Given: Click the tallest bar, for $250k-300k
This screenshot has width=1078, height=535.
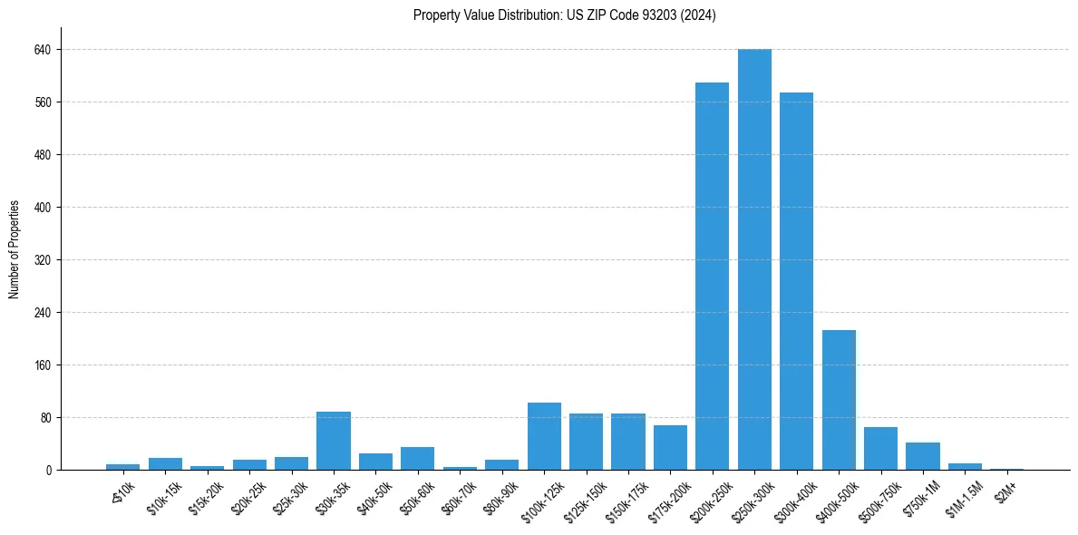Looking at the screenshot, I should coord(754,259).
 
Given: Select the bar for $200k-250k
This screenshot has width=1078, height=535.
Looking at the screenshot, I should coord(712,276).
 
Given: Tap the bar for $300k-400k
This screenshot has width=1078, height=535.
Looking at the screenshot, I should coord(796,281).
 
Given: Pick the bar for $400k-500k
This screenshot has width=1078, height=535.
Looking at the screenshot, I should coord(839,400).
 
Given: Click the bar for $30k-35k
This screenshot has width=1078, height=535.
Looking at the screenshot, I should coord(333,441).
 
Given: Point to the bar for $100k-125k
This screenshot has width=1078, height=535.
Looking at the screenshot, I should coord(544,436).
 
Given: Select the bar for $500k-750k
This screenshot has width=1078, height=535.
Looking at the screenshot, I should coord(880,448).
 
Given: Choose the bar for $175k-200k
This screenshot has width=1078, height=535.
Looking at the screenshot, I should coord(670,447).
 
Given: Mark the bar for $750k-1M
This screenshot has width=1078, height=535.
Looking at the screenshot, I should coord(923,456).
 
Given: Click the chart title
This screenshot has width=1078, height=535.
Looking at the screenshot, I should coord(564,15).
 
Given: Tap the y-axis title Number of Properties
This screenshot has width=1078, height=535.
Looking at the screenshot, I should coord(15,248).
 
